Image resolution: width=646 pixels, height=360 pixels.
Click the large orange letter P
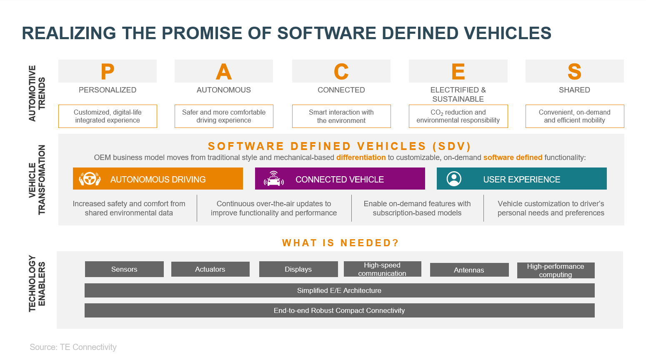click(x=107, y=72)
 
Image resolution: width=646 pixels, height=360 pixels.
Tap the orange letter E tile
click(x=458, y=71)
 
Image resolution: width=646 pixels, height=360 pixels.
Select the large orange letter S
click(x=574, y=72)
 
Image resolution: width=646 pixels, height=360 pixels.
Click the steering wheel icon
click(x=90, y=179)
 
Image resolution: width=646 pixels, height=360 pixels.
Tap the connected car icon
click(x=273, y=179)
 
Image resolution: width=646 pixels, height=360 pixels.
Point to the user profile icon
click(x=454, y=179)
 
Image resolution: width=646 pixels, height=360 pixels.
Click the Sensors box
click(x=124, y=269)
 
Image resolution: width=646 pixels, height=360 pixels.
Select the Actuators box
click(x=210, y=269)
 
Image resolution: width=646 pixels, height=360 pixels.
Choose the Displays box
click(x=298, y=269)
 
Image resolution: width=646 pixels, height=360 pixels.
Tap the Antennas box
click(x=469, y=270)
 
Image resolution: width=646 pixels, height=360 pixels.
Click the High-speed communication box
click(x=383, y=269)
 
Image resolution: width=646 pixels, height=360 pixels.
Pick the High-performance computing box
click(x=556, y=270)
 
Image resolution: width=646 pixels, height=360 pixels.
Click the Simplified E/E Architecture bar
click(x=339, y=290)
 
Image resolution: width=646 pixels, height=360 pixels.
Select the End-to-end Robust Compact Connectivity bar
click(x=339, y=310)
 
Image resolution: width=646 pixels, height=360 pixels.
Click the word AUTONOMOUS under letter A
click(x=223, y=90)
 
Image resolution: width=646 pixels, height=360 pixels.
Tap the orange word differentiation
click(x=361, y=157)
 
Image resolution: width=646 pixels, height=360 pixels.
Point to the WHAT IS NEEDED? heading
click(x=341, y=242)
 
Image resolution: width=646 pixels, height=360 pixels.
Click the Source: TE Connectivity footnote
click(x=73, y=347)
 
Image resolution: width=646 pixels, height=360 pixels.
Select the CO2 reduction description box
click(x=458, y=116)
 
